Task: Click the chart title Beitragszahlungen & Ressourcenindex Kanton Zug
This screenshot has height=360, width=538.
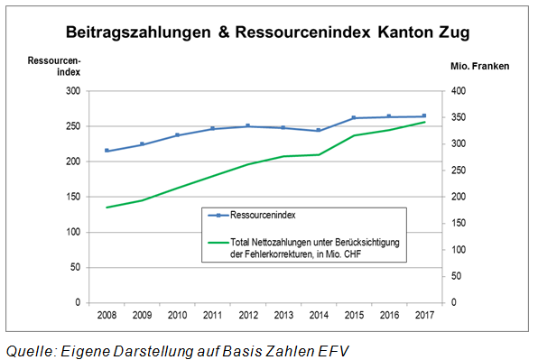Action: coord(267,32)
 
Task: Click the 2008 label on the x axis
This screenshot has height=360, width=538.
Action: coord(107,315)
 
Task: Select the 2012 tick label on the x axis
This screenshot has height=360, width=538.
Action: coord(248,315)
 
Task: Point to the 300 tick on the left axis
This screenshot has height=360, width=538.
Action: coord(73,91)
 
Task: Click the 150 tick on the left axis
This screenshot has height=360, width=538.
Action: coord(73,197)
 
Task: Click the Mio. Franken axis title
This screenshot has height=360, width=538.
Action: coord(479,66)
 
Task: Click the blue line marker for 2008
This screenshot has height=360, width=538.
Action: coord(107,151)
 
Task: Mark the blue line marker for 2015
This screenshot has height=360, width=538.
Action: coord(354,118)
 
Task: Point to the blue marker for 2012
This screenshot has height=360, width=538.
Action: coord(248,126)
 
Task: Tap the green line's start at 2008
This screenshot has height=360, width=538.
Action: coord(107,208)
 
